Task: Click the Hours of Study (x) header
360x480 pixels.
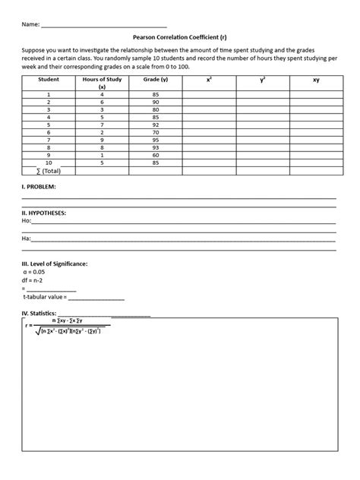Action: [x=101, y=83]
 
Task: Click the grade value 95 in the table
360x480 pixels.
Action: [x=155, y=139]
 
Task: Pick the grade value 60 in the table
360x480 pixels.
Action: [x=155, y=155]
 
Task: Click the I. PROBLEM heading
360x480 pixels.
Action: [x=39, y=186]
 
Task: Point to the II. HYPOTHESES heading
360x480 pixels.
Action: [x=45, y=213]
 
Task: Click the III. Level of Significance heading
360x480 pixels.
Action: [x=55, y=263]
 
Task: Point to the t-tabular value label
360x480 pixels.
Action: [x=48, y=297]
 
